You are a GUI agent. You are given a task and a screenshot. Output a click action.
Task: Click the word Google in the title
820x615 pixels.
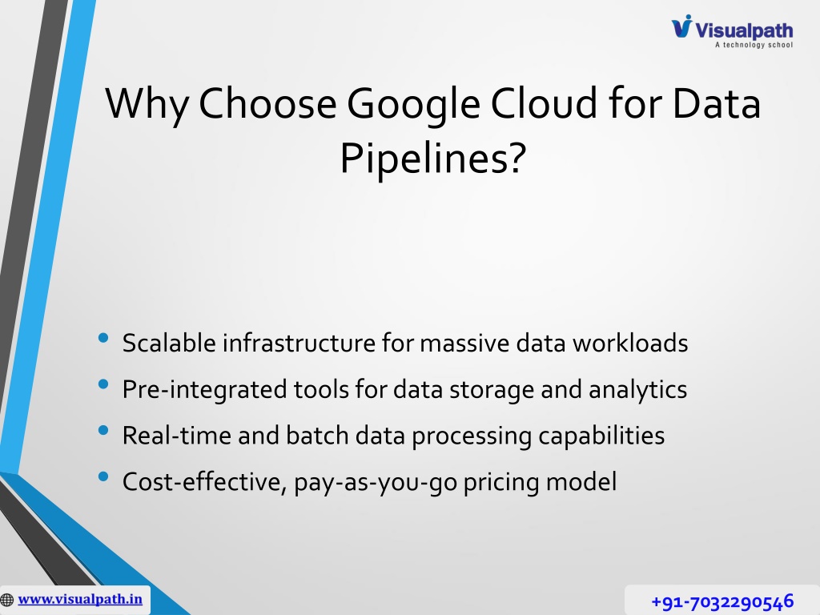click(x=413, y=105)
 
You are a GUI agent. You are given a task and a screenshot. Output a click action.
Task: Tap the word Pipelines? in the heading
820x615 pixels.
click(x=432, y=159)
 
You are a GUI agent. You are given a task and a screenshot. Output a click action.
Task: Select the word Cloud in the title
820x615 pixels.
click(x=544, y=102)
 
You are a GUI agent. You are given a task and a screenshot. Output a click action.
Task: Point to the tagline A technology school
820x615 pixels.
click(x=754, y=45)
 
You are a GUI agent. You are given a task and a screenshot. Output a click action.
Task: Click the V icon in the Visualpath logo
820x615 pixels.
click(x=682, y=26)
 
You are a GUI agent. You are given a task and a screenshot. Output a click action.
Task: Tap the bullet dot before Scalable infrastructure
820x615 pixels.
click(x=103, y=338)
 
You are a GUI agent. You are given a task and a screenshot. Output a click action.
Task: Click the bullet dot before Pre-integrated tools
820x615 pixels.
click(x=103, y=384)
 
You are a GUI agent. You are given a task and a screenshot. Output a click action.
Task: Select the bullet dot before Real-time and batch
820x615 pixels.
click(x=103, y=430)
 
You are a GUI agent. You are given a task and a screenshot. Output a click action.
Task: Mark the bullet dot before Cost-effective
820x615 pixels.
click(x=103, y=476)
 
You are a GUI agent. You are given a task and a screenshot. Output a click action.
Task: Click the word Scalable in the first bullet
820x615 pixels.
click(x=169, y=343)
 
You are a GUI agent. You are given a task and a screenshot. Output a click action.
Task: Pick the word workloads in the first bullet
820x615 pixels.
click(x=630, y=343)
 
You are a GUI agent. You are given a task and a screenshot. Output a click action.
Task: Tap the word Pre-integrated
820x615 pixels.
click(x=204, y=390)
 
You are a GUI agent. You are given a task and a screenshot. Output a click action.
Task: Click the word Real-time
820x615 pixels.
click(x=177, y=435)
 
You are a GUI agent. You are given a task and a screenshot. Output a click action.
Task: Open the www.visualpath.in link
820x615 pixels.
click(x=80, y=599)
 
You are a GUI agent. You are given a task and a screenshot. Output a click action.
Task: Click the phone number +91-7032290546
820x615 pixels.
click(x=723, y=601)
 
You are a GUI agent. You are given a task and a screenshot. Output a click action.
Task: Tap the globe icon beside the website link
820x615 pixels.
click(x=6, y=600)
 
